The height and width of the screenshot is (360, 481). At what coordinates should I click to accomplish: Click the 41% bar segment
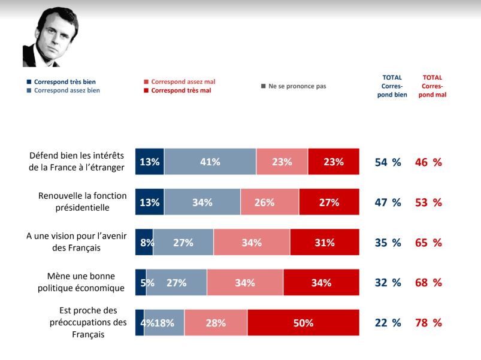pos(210,162)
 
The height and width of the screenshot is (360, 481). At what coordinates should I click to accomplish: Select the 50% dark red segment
pos(303,323)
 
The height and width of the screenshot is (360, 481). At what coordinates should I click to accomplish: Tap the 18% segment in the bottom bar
pos(165,323)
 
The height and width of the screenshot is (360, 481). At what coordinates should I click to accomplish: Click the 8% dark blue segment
pos(144,243)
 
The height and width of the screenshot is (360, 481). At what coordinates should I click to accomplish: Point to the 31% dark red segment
pos(325,243)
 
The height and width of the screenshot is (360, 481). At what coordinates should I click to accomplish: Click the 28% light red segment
pos(216,323)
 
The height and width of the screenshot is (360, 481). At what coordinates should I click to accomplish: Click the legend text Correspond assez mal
pos(183,81)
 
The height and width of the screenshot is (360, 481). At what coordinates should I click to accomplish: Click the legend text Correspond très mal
pos(181,90)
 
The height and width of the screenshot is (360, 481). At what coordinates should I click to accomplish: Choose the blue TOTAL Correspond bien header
pos(392,86)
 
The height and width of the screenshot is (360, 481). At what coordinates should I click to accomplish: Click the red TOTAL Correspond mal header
pos(432,86)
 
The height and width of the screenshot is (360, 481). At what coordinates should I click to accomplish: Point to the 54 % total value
pos(388,162)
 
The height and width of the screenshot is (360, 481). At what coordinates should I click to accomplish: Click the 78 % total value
pos(428,323)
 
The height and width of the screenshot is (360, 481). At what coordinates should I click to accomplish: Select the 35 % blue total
pos(388,243)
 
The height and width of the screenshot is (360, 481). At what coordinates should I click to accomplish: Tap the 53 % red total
pos(428,202)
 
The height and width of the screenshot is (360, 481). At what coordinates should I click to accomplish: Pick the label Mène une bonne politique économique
pos(78,282)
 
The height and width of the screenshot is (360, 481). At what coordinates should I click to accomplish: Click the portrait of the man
pos(50,38)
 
